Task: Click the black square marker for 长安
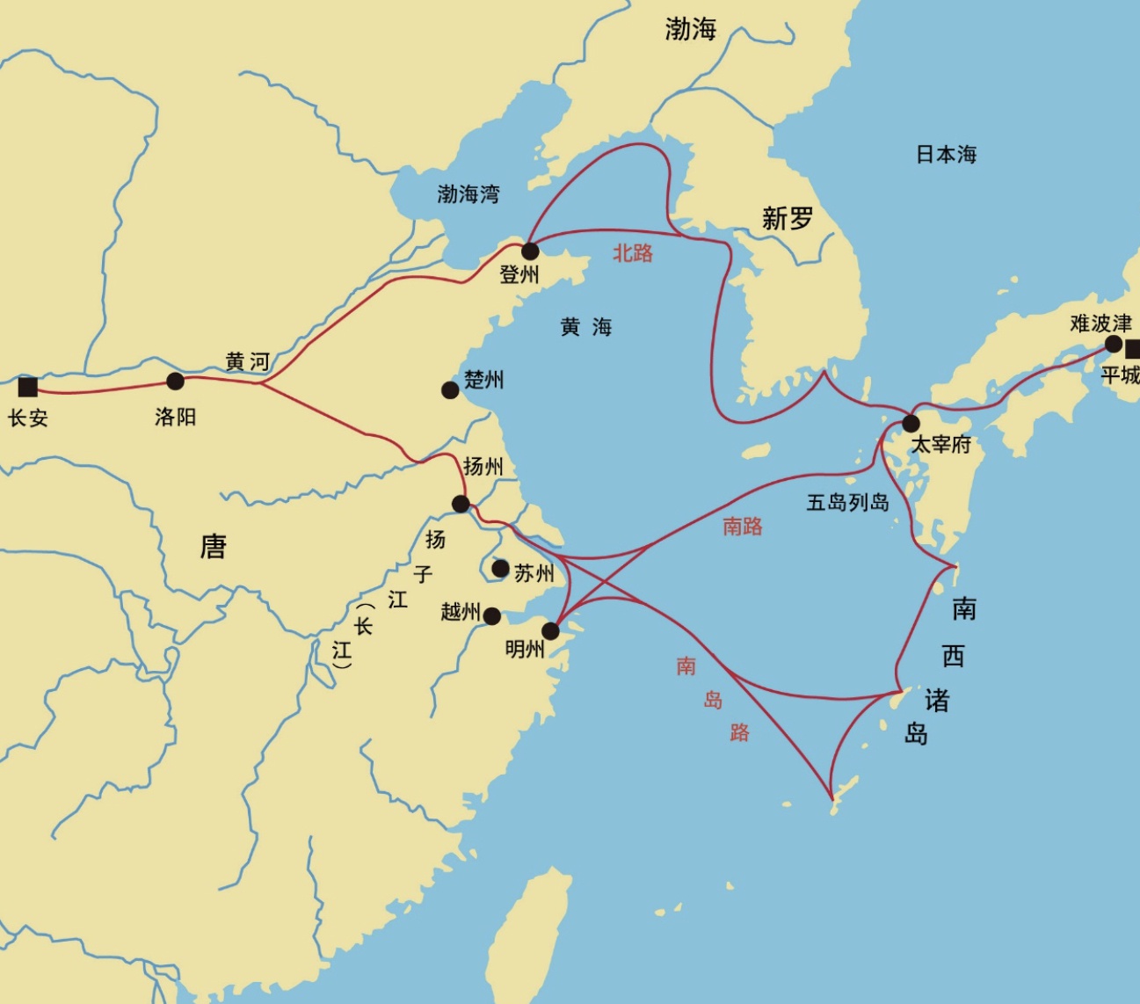tap(28, 387)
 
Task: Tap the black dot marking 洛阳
tap(176, 381)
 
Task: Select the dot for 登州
tap(530, 251)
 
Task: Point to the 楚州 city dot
tap(450, 389)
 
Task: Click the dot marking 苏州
tap(500, 569)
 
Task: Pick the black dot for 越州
tap(492, 616)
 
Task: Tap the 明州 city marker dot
tap(551, 630)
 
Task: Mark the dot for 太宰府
tap(911, 424)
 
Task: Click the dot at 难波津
tap(1114, 344)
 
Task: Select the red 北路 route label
tap(633, 253)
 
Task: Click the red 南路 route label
tap(743, 526)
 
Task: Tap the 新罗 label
tap(788, 218)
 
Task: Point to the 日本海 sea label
tap(947, 155)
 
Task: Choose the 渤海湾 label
tap(468, 193)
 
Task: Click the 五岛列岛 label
tap(848, 503)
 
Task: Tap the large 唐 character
tap(214, 547)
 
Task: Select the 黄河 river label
tap(247, 361)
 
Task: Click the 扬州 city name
tap(483, 466)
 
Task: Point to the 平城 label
tap(1121, 375)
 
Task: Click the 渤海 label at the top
tap(691, 29)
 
